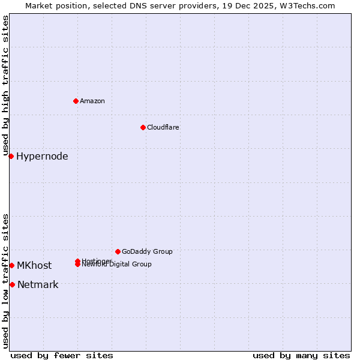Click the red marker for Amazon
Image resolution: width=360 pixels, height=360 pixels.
pyautogui.click(x=76, y=101)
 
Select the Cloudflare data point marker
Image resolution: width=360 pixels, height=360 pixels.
pyautogui.click(x=143, y=127)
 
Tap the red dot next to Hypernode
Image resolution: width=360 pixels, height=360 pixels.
pyautogui.click(x=11, y=157)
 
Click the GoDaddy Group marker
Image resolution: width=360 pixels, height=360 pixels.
pyautogui.click(x=118, y=251)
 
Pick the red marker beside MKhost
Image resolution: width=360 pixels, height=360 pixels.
pyautogui.click(x=12, y=265)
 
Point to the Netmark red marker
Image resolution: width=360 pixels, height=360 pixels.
pyautogui.click(x=12, y=284)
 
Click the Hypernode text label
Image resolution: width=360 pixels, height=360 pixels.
pyautogui.click(x=42, y=157)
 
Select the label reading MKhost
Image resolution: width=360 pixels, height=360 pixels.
pyautogui.click(x=34, y=265)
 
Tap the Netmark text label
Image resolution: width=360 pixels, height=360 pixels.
pyautogui.click(x=38, y=284)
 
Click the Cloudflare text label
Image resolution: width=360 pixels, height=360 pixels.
pyautogui.click(x=163, y=127)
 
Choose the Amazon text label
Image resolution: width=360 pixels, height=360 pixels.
pyautogui.click(x=92, y=101)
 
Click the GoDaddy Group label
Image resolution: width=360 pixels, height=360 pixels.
pyautogui.click(x=147, y=251)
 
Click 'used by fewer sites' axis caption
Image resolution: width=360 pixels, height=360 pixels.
pyautogui.click(x=62, y=355)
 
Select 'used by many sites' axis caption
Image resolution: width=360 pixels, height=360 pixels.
pyautogui.click(x=301, y=355)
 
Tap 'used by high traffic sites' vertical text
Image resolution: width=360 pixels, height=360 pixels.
pyautogui.click(x=6, y=86)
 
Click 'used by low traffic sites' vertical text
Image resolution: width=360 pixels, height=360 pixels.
pyautogui.click(x=6, y=281)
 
